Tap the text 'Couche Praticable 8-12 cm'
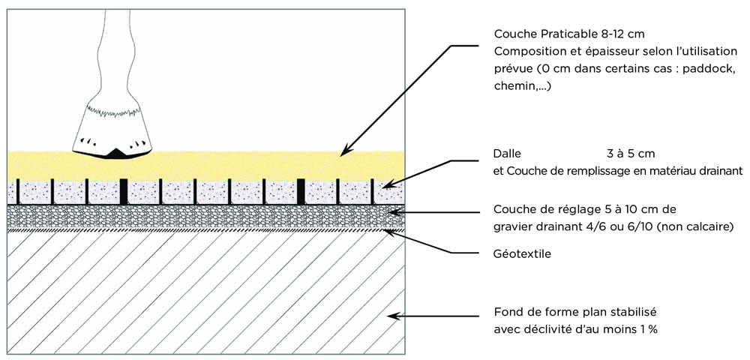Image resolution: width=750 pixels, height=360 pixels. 569,34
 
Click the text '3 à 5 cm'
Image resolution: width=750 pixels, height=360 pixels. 631,154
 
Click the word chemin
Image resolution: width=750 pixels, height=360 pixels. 513,87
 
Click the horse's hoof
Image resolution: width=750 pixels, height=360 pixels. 114,127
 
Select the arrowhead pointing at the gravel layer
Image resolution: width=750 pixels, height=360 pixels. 390,214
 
